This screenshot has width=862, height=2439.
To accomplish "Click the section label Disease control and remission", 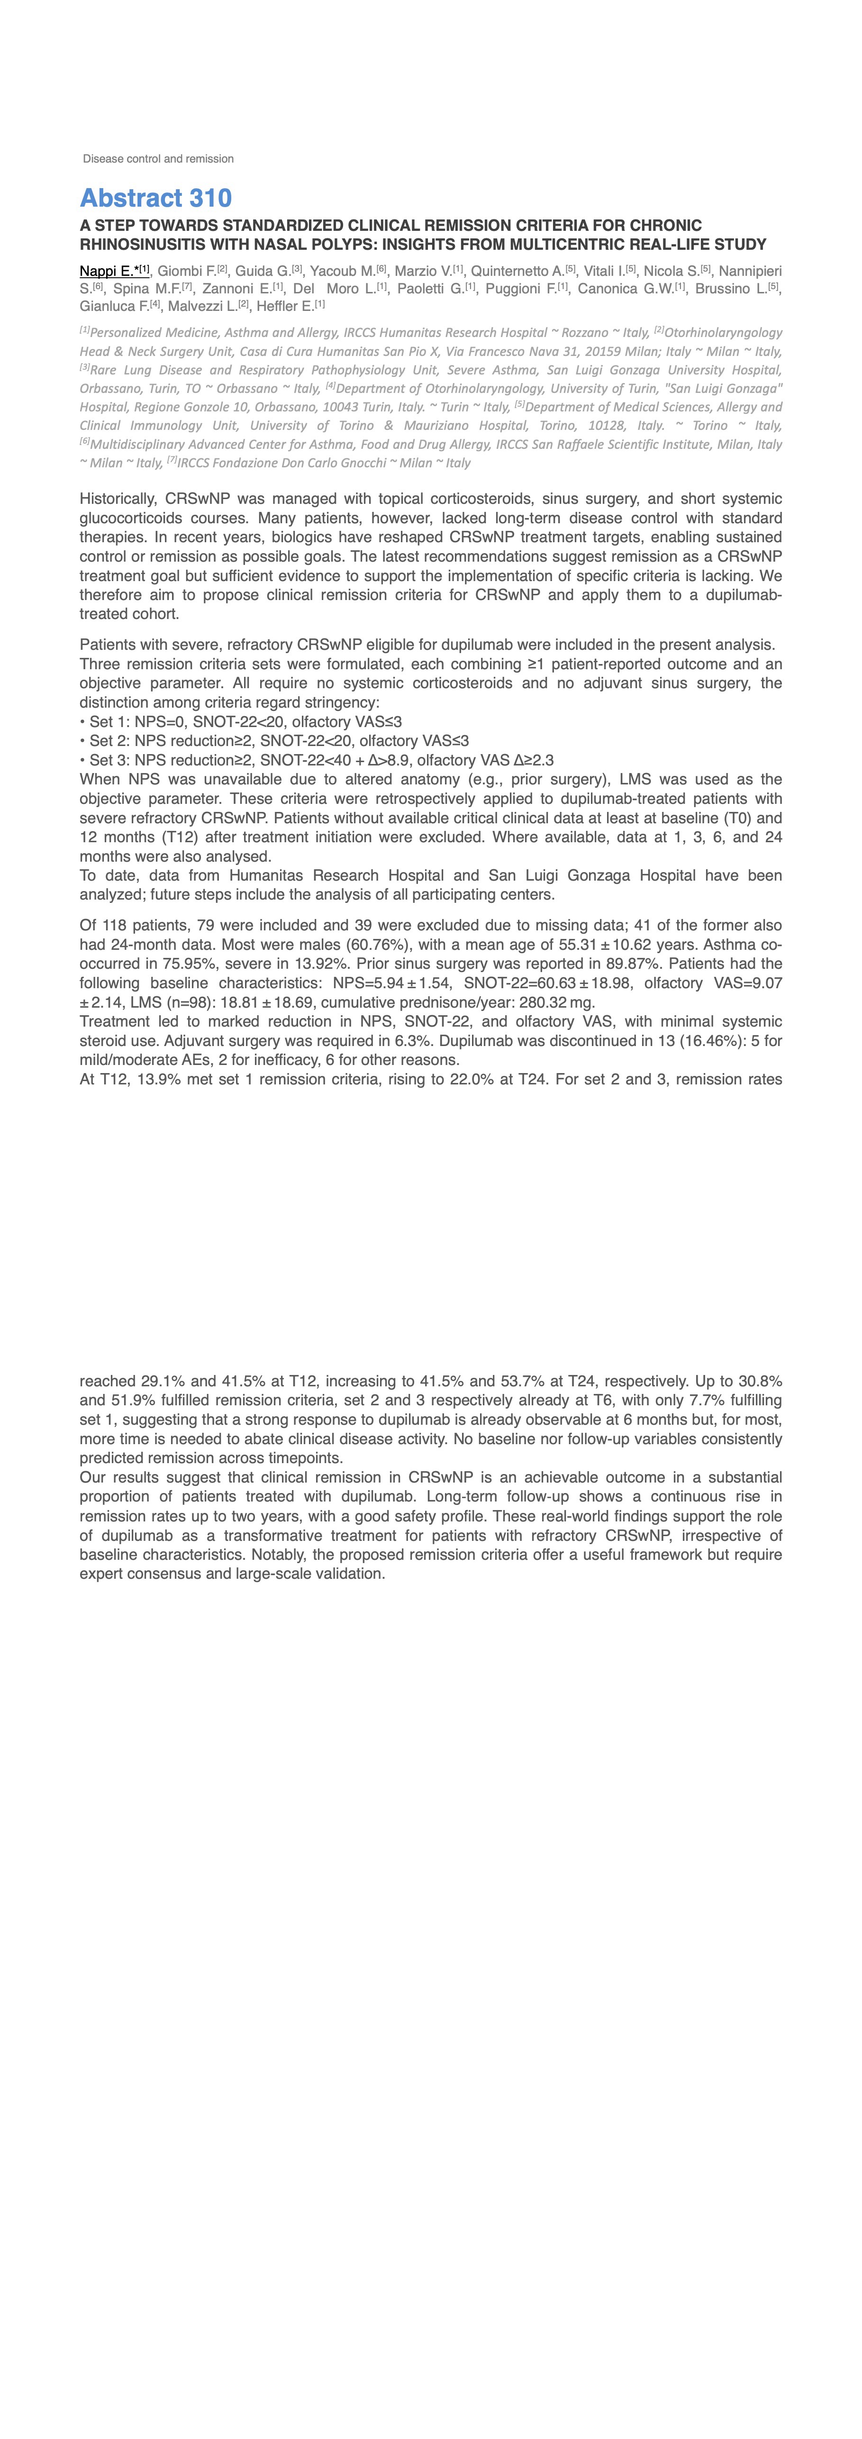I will [158, 159].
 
